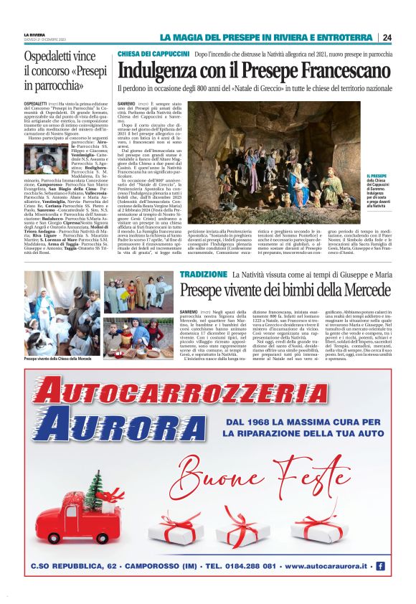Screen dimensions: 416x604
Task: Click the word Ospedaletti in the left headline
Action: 52,56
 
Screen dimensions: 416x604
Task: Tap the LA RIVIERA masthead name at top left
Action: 34,34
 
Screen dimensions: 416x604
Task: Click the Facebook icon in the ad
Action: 380,566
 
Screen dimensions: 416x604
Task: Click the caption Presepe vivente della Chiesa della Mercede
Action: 57,357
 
